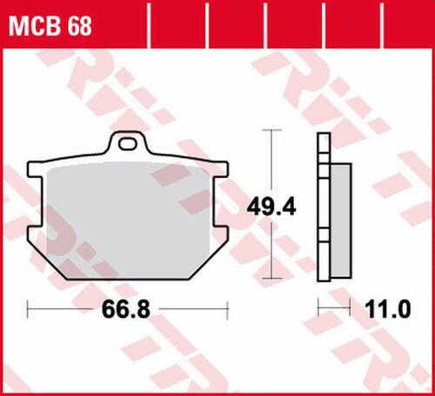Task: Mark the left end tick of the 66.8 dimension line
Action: pyautogui.click(x=30, y=307)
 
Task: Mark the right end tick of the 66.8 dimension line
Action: pyautogui.click(x=227, y=307)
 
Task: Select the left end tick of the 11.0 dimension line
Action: pyautogui.click(x=318, y=307)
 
